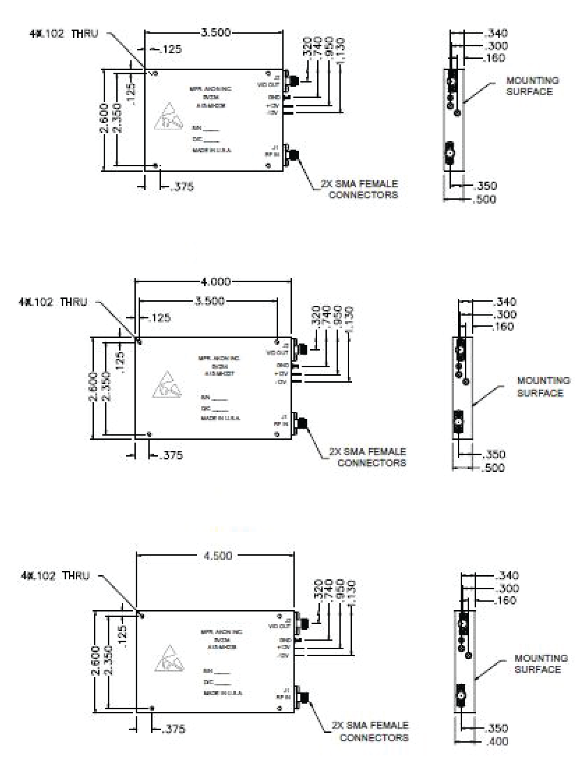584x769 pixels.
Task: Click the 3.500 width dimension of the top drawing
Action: (x=215, y=32)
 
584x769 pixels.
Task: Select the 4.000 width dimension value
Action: (x=215, y=282)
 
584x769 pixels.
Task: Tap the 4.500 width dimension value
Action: (x=218, y=556)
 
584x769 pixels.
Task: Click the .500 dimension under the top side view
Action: (x=485, y=199)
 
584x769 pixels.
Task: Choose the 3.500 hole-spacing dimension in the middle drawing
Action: (x=209, y=301)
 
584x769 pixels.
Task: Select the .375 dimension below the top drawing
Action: (x=182, y=187)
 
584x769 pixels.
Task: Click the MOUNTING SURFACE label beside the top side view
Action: (x=532, y=86)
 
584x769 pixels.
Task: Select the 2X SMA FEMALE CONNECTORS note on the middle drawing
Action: (x=367, y=457)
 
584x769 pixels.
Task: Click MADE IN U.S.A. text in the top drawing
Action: (x=211, y=150)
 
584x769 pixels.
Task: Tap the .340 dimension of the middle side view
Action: (x=505, y=302)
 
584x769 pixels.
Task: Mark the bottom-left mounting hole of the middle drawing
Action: (x=149, y=434)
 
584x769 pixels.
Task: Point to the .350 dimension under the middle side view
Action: (x=494, y=455)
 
